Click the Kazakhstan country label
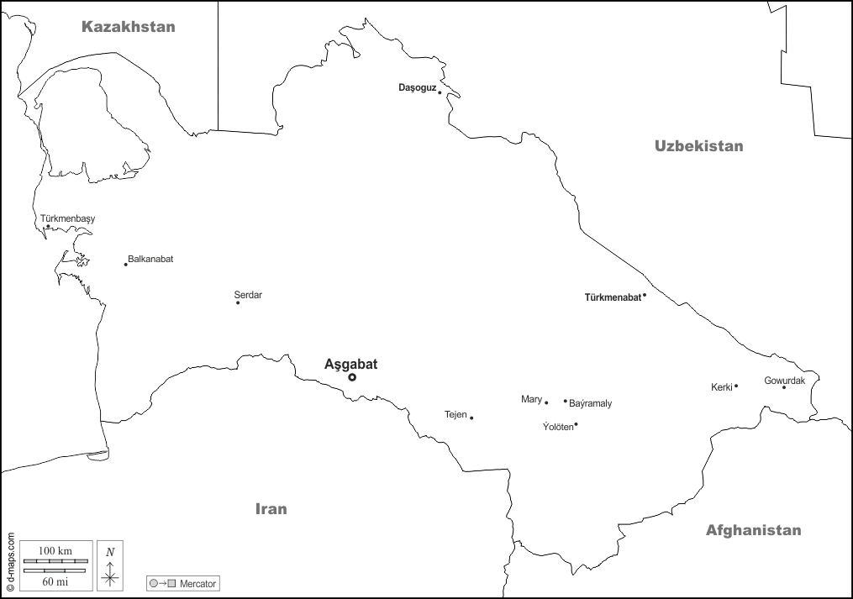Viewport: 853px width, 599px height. click(128, 27)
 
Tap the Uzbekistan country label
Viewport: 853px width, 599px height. click(698, 146)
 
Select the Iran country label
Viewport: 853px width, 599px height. click(271, 509)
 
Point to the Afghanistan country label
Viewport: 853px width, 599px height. click(753, 530)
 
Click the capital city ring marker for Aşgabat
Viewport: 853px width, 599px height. click(352, 377)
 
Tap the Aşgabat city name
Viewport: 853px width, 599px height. click(350, 364)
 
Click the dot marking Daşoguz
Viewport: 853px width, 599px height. click(440, 92)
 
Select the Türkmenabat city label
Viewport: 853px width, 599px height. click(612, 297)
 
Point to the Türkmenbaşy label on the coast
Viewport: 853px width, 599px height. click(68, 219)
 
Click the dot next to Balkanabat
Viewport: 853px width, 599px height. click(126, 265)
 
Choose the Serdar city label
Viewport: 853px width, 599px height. click(248, 295)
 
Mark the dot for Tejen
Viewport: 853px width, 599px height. click(471, 418)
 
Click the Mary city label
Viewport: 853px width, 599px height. click(531, 399)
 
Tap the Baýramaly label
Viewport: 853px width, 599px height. click(591, 404)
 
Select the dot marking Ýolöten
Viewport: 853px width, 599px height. click(576, 424)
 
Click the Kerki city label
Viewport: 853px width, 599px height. click(721, 387)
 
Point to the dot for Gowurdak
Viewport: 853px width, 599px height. click(784, 387)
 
